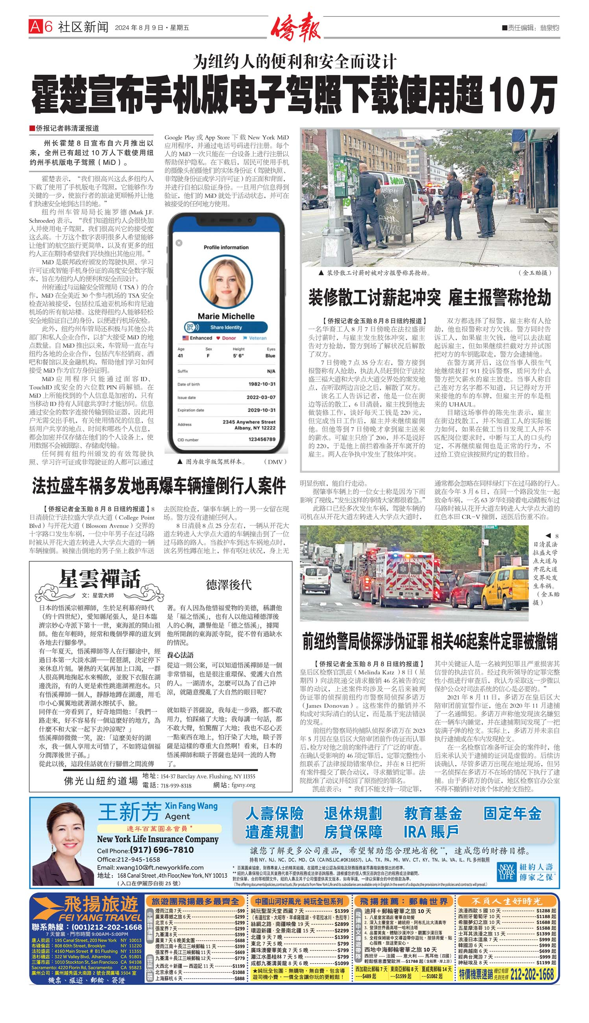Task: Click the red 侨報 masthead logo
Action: tap(295, 28)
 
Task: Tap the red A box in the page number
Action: tap(35, 27)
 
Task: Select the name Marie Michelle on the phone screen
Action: tap(226, 316)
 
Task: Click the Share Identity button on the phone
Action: tap(226, 327)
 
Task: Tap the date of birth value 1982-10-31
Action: tap(262, 384)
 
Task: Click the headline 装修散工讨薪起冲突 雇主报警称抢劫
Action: tap(430, 298)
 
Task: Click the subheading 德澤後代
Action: tap(229, 585)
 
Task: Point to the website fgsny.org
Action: tap(243, 785)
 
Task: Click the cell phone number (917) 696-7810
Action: tap(161, 850)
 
